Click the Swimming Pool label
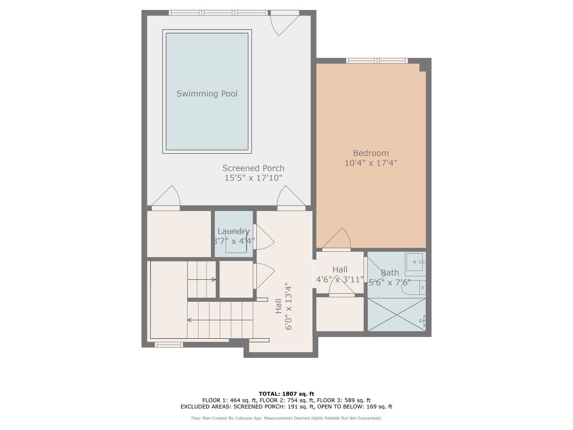pos(207,94)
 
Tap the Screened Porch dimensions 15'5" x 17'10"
pos(253,178)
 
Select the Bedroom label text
pos(371,153)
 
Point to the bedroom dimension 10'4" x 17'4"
pos(371,163)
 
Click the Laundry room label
pos(234,231)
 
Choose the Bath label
pos(390,273)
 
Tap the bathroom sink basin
pos(414,262)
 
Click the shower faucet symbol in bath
pos(423,320)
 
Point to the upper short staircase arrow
pos(201,279)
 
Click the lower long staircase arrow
pos(220,320)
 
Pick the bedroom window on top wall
pos(377,61)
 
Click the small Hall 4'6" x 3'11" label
pos(340,275)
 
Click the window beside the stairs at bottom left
pos(169,345)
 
